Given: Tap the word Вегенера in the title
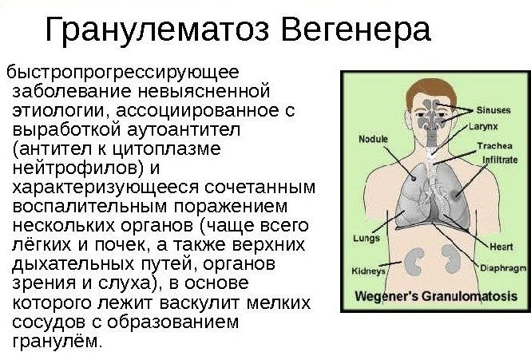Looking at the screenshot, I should [357, 31].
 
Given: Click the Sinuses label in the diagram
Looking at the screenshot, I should [493, 109].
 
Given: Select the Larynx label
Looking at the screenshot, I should [483, 125].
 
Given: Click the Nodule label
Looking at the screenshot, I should [373, 139].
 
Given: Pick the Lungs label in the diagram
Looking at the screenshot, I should [366, 238].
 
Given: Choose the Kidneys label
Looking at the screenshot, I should [369, 271].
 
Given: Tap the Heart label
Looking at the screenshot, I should [501, 247].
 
